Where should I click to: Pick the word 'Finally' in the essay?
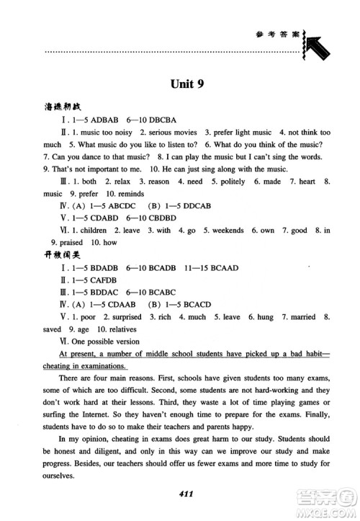314,414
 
